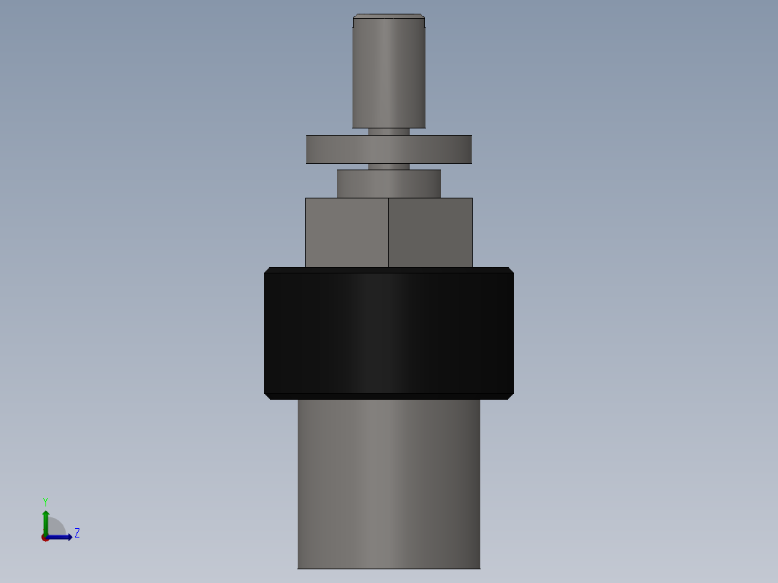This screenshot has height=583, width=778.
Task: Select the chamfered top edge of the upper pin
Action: [x=388, y=17]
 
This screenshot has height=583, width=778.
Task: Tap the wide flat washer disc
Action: [x=388, y=149]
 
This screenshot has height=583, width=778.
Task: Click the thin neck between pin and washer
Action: [x=388, y=131]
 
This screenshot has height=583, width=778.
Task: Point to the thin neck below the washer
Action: [x=388, y=167]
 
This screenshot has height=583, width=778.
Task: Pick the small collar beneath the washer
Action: [x=388, y=183]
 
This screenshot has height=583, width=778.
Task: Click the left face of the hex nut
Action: [x=347, y=232]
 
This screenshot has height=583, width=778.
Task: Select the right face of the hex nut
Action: [x=430, y=232]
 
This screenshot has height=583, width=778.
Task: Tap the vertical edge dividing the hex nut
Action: [x=388, y=232]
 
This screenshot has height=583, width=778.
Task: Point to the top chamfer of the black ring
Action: [x=388, y=270]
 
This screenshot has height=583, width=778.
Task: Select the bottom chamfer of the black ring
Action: [x=388, y=396]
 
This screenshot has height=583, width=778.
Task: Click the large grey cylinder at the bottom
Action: [x=388, y=483]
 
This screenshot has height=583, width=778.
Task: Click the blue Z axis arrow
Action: [x=62, y=537]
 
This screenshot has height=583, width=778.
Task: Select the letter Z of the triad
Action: [x=77, y=533]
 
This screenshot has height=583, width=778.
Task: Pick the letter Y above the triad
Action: [x=45, y=501]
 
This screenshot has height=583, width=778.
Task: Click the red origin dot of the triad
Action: [x=45, y=538]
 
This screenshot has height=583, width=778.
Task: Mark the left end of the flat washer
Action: [x=309, y=149]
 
